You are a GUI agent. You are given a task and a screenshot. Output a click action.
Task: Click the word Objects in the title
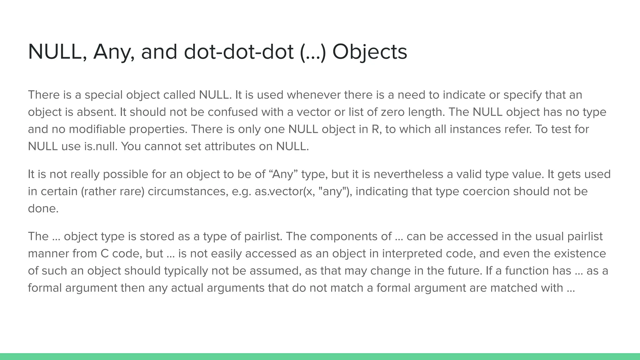370,52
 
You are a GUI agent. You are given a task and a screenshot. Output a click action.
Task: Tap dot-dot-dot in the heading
238,52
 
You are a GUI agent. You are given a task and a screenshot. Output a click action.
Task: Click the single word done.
43,208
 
